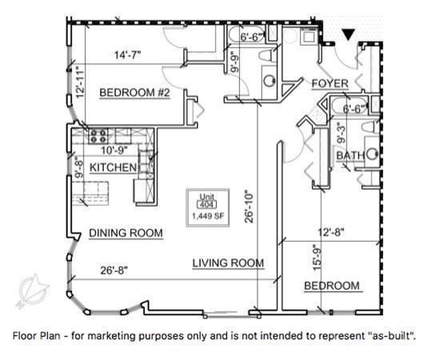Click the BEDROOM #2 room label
[135, 94]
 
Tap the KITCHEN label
[113, 167]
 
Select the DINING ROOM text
[126, 234]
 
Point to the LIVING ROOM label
[228, 262]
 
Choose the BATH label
[350, 155]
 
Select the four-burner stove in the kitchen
[98, 135]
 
